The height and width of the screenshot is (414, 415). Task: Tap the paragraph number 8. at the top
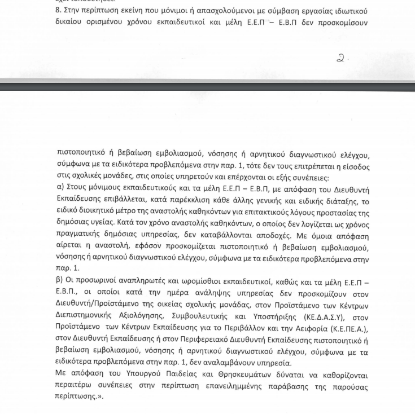(x=59, y=11)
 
